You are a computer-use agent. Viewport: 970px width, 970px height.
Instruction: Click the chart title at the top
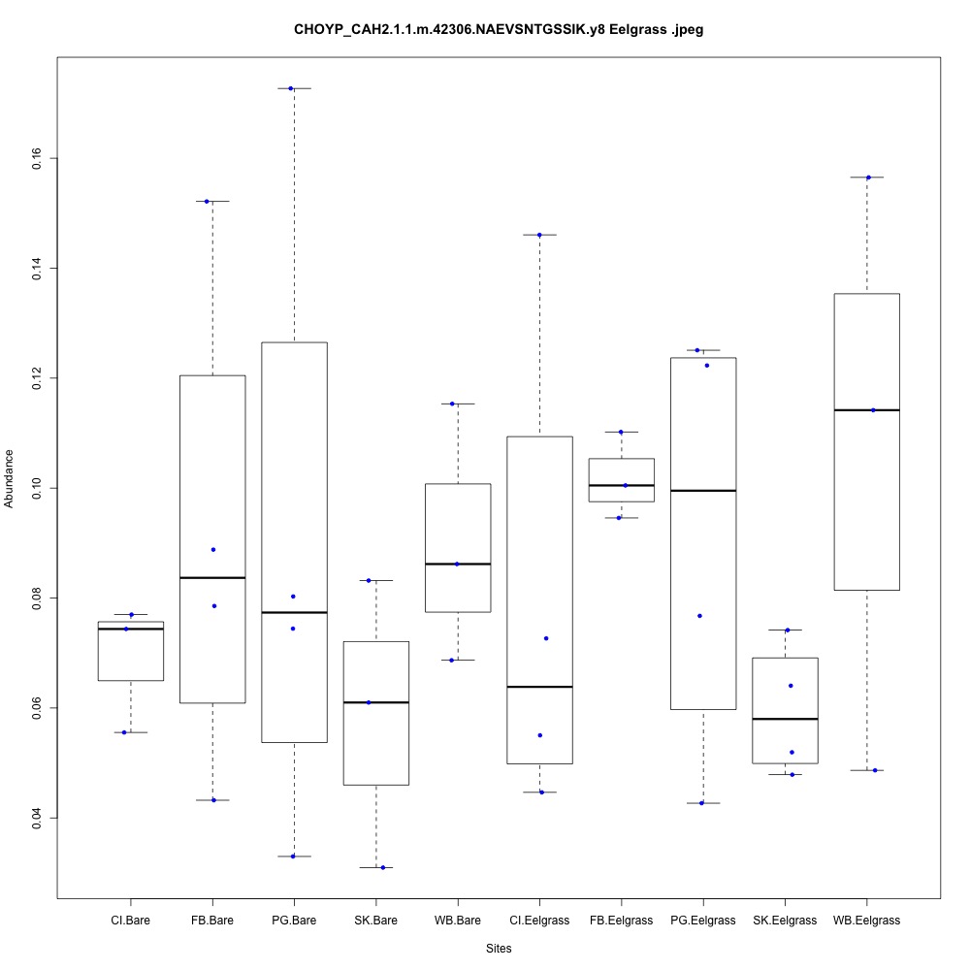tap(499, 30)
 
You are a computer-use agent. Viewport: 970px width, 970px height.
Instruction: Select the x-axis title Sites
tap(499, 948)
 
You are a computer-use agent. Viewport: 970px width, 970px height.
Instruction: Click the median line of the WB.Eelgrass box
tap(866, 410)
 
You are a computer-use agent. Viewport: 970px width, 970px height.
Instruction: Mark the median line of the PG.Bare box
tap(294, 613)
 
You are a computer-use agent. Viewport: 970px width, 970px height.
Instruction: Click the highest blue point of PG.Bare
tap(290, 88)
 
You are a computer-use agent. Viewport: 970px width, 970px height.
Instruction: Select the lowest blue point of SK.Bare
tap(383, 867)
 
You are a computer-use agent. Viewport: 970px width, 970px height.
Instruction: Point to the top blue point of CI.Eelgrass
tap(539, 235)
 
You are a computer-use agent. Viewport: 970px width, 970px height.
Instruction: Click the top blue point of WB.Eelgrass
tap(868, 178)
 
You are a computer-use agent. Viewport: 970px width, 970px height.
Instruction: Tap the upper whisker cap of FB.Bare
tap(211, 201)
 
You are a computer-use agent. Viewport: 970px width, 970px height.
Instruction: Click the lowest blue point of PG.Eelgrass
tap(701, 803)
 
